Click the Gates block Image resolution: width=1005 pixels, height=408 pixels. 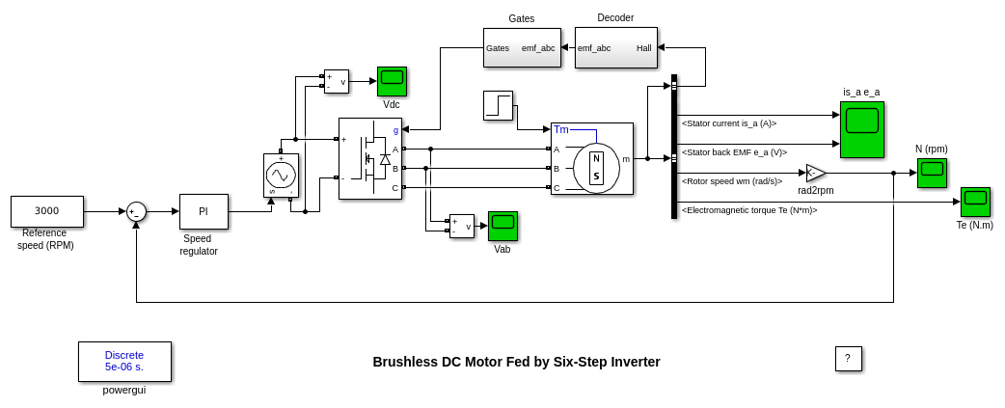[522, 47]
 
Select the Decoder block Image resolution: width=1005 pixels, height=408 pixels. [616, 47]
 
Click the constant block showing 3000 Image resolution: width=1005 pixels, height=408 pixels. [46, 211]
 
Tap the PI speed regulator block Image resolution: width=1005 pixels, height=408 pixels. [204, 211]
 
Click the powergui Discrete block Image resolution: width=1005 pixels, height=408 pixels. [124, 361]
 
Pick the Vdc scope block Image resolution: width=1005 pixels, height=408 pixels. [392, 81]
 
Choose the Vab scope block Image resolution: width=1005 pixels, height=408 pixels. [502, 226]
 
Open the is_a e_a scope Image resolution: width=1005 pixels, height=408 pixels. [861, 129]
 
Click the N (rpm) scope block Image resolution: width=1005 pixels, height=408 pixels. [932, 173]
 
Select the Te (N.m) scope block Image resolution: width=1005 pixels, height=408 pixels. [975, 202]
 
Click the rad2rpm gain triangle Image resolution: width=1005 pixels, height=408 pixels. [815, 173]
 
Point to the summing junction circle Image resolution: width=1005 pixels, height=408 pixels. [136, 211]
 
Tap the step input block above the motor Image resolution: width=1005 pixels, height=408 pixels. [499, 105]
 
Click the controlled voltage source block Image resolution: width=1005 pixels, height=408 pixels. [281, 176]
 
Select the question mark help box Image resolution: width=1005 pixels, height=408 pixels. [848, 359]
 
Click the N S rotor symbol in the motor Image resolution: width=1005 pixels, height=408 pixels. [596, 168]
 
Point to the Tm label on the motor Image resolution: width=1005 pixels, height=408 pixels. [561, 129]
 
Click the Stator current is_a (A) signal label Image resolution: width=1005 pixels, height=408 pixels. [729, 123]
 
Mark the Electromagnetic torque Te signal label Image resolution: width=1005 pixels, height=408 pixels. [749, 210]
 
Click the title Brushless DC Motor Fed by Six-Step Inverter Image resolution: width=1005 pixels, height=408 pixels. [516, 362]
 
